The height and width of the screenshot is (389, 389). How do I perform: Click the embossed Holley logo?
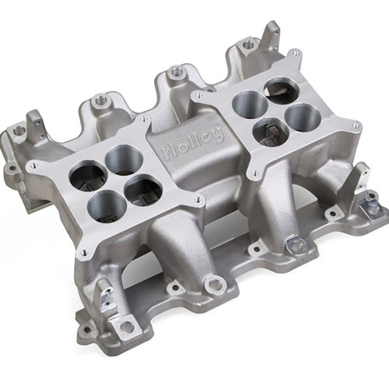[190, 145]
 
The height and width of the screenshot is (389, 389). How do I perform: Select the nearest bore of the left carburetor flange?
[104, 205]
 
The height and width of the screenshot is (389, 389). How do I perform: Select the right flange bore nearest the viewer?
[273, 131]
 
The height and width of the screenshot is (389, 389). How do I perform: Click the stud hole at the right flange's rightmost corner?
[356, 125]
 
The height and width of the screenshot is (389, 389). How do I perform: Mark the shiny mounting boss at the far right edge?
[373, 209]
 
